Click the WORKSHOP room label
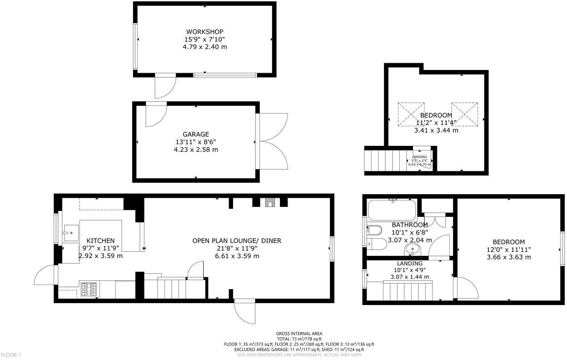[x=204, y=31]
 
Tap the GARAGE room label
[x=196, y=134]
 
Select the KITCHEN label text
[x=100, y=240]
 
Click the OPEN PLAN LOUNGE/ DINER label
[x=236, y=240]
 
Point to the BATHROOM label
[x=409, y=225]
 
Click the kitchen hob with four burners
[x=89, y=290]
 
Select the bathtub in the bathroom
[x=392, y=210]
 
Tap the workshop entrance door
[x=164, y=86]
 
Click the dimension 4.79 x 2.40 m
[x=204, y=47]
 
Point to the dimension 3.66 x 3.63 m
[x=508, y=257]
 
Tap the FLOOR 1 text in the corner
[x=11, y=355]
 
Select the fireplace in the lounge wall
[x=269, y=203]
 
